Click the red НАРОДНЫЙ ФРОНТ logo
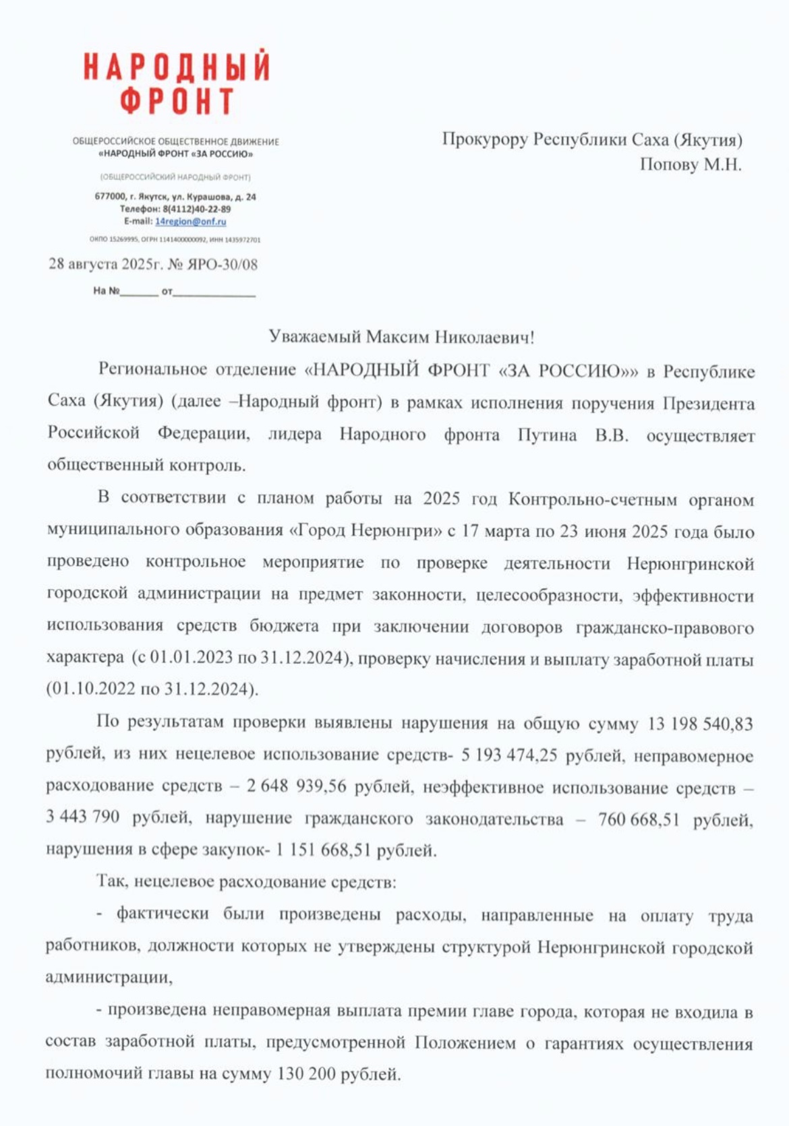177,83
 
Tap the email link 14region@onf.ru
191,221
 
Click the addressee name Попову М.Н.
690,164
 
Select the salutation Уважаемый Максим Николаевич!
401,336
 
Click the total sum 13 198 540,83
700,724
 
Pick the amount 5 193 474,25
509,755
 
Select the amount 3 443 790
83,817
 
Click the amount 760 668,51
638,819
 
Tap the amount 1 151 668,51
323,850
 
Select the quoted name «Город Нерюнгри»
365,530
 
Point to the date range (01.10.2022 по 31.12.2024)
152,689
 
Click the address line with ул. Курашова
175,197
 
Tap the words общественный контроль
146,465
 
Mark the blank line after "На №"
140,293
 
